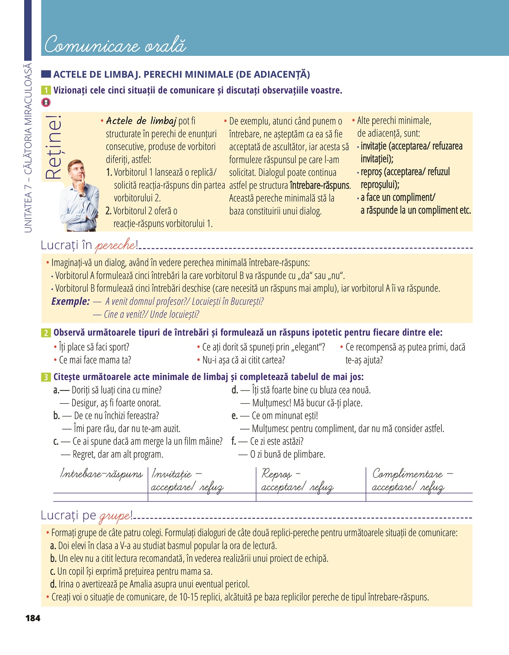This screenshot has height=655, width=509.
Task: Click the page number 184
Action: click(x=33, y=618)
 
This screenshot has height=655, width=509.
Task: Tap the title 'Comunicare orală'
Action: click(x=115, y=45)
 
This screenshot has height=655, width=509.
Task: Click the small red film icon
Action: click(x=46, y=102)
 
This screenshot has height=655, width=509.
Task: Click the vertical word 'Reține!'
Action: click(x=53, y=148)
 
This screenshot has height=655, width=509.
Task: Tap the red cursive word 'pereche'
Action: click(x=115, y=246)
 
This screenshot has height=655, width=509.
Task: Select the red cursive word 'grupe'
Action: click(x=115, y=516)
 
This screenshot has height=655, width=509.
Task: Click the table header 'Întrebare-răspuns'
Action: click(x=101, y=474)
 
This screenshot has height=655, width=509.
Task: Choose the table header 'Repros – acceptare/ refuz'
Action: click(x=297, y=480)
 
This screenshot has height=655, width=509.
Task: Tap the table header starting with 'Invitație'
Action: click(x=187, y=480)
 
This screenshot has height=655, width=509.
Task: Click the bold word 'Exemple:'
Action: click(x=70, y=301)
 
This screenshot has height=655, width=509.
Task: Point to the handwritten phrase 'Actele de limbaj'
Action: click(x=141, y=121)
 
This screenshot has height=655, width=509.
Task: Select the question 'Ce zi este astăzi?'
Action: click(x=277, y=441)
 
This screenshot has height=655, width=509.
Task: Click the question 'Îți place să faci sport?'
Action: click(x=94, y=347)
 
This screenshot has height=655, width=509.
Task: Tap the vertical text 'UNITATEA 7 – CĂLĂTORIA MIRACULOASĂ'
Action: click(x=28, y=148)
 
